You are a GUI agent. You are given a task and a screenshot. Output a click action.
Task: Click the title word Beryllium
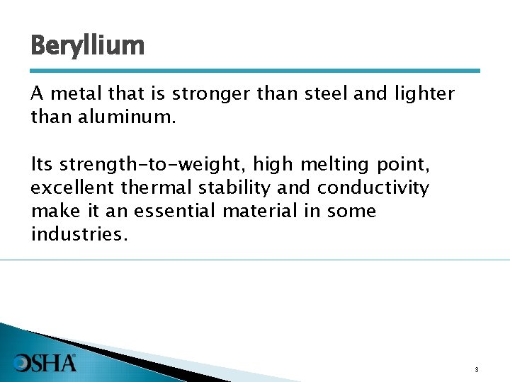point(87,47)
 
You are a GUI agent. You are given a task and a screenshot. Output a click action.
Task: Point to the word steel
point(324,93)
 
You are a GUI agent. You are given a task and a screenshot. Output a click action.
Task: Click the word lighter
point(422,94)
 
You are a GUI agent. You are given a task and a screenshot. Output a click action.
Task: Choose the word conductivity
point(373,187)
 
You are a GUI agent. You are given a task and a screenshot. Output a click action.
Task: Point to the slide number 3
point(477,369)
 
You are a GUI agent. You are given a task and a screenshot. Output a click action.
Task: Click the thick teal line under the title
point(255,71)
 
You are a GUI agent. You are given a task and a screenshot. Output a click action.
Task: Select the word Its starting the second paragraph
point(42,165)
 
